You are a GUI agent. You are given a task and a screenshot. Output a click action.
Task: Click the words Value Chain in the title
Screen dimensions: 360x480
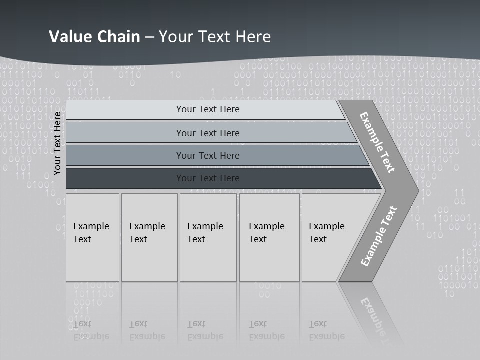[x=94, y=36]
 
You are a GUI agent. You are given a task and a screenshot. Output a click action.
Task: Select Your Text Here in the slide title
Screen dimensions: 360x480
[x=215, y=36]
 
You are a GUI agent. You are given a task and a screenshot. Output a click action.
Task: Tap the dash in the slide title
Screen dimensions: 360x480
[x=149, y=37]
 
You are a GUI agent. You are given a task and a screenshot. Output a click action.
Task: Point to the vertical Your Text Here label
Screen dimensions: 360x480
[x=58, y=143]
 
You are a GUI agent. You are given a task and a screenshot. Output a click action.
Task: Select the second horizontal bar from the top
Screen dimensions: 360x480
[x=208, y=133]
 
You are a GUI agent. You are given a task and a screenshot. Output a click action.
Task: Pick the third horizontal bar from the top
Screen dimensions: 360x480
[x=208, y=155]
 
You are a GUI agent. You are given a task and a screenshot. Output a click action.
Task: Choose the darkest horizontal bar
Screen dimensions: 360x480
[x=208, y=178]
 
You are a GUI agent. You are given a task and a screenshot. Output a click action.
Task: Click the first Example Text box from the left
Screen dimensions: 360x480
[x=92, y=237]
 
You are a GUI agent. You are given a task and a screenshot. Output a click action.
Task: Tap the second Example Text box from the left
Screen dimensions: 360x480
[x=149, y=237]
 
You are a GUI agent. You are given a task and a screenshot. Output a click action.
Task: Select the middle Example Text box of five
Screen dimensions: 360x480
[x=208, y=237]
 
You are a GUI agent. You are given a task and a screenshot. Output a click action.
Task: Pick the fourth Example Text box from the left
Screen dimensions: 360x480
[x=269, y=237]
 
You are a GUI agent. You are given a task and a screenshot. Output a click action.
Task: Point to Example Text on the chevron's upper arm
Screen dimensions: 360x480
[x=377, y=142]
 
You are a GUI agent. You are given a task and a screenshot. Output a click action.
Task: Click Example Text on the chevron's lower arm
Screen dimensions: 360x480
[x=378, y=236]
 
